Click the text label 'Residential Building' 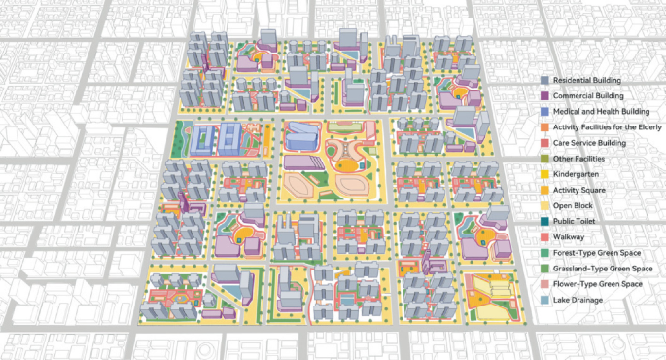click(586, 80)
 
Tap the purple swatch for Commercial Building click(544, 96)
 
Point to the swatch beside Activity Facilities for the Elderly click(544, 127)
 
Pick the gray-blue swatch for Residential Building click(544, 80)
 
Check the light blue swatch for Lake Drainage click(544, 300)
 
